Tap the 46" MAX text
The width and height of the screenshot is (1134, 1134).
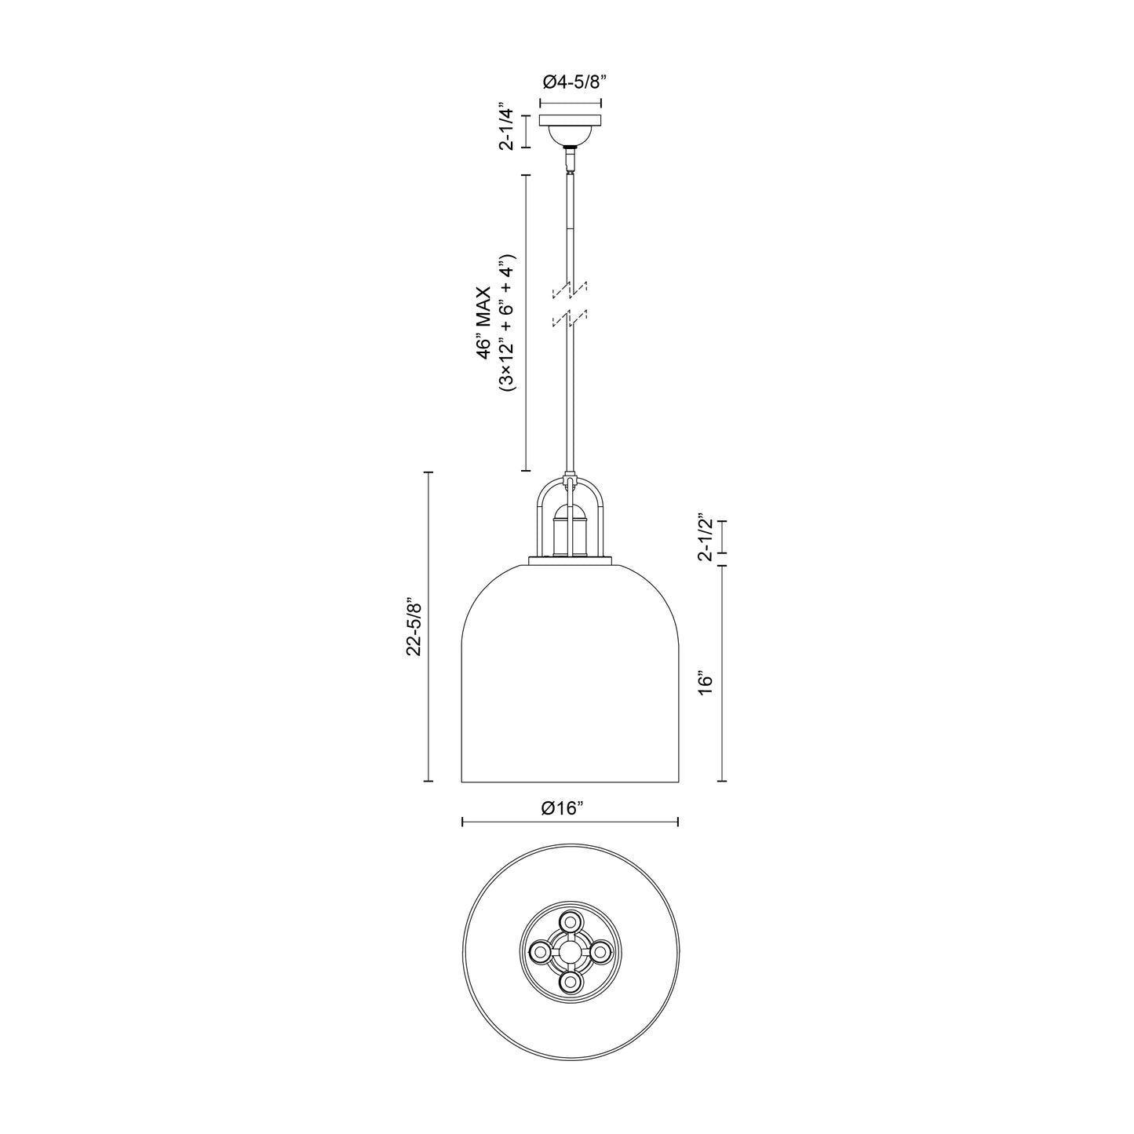tap(485, 323)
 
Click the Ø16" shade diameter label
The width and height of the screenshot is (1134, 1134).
tap(570, 809)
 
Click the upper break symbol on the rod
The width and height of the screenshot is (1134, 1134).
tap(571, 290)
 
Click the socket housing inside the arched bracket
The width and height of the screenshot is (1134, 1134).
tap(571, 531)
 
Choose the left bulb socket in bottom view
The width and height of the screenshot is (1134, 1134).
tap(540, 952)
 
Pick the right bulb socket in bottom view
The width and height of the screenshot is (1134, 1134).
tap(600, 952)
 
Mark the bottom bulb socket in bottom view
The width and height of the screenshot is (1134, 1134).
tap(570, 982)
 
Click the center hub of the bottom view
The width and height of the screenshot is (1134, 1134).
tap(570, 952)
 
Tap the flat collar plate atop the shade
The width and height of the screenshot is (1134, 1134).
tap(571, 560)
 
